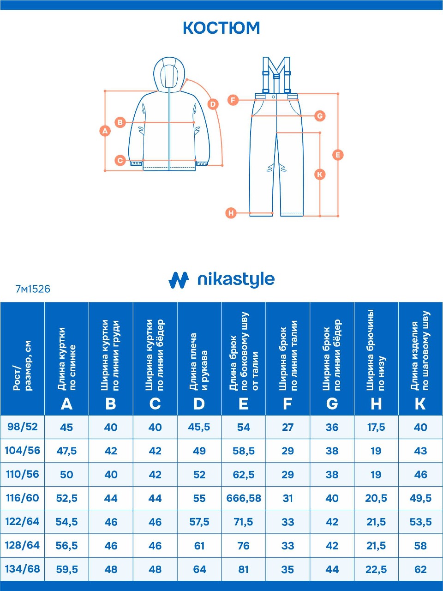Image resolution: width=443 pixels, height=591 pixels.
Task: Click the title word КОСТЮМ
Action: pos(221,28)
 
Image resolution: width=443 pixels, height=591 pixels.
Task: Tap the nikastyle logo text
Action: pos(236,279)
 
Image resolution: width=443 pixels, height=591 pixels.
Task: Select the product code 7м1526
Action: pos(33,289)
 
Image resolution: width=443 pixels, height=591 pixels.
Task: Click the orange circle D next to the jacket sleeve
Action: pos(213,104)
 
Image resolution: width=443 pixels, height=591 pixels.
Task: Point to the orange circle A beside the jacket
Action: pos(105,131)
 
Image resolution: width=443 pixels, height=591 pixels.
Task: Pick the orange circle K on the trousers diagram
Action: pos(320,174)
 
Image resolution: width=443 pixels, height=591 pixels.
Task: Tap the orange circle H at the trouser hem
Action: pos(231,213)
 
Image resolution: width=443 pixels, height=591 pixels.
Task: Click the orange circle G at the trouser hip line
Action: pos(320,116)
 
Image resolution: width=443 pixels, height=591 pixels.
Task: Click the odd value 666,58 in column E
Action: pos(244,498)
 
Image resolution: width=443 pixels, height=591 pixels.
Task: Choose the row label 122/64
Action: pos(22,522)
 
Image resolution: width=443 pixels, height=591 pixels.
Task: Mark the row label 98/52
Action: pos(22,427)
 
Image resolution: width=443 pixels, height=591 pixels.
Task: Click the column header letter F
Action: pos(287,404)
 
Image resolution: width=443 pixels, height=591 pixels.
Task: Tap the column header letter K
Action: pos(420,404)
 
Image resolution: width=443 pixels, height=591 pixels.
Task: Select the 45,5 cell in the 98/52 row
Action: pos(199,427)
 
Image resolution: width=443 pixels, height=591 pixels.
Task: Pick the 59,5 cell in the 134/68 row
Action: pos(67,569)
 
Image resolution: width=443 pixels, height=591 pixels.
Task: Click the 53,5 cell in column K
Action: pos(420,522)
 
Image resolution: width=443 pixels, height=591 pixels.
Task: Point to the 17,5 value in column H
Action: pos(376,427)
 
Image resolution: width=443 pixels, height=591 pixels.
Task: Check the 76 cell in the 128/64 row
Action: pos(244,545)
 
